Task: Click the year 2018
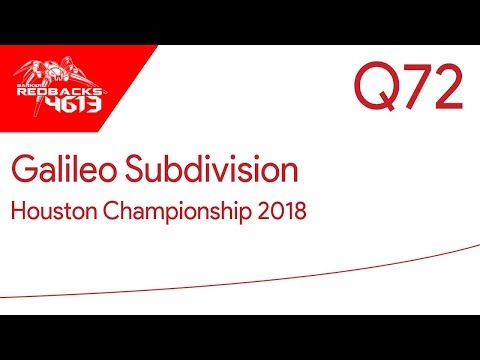pyautogui.click(x=278, y=212)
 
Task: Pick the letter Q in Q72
pyautogui.click(x=373, y=90)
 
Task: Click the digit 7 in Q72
pyautogui.click(x=411, y=90)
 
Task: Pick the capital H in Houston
pyautogui.click(x=19, y=212)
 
